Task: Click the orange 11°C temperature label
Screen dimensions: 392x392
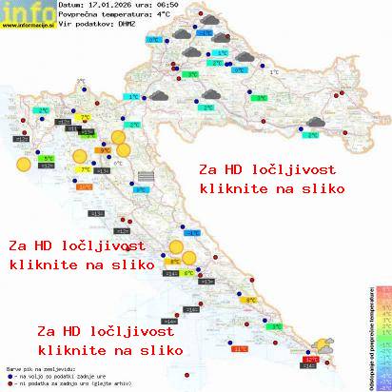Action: click(240, 349)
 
